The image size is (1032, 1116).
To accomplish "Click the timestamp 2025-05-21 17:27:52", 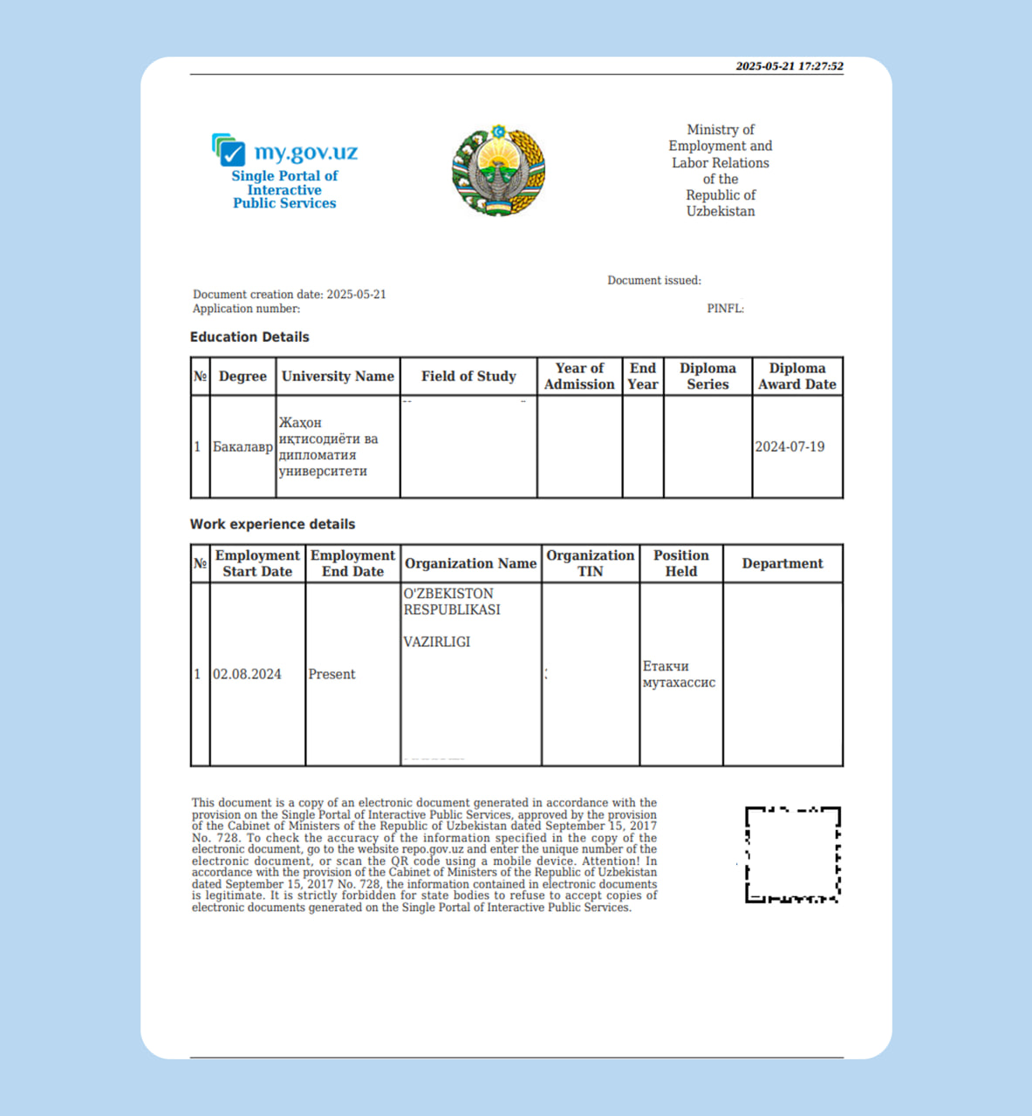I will [789, 66].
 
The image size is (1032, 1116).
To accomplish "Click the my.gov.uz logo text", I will [305, 153].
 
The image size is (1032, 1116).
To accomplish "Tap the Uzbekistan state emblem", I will [498, 171].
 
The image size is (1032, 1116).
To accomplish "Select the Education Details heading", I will [249, 337].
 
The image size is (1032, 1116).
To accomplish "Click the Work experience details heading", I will [272, 524].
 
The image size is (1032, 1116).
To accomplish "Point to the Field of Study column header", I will [468, 377].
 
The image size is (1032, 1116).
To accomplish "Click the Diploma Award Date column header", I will [796, 377].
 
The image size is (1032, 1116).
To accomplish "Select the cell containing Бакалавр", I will [243, 446].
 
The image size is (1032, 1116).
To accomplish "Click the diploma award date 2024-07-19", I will [789, 446].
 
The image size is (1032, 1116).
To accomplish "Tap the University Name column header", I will [338, 377].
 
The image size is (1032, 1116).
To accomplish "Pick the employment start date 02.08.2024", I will [247, 674].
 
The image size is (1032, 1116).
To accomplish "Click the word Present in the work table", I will [331, 674].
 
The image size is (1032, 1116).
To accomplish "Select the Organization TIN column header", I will [590, 563].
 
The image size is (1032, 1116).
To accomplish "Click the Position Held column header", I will [680, 563].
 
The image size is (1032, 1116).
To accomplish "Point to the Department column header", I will [783, 563].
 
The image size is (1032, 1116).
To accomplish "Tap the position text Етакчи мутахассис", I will [679, 674].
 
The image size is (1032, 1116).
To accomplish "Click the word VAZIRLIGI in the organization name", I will [436, 642].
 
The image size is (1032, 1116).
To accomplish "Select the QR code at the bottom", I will [792, 854].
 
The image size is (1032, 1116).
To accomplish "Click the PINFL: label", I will [725, 309].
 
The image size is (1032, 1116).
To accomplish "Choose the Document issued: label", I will [654, 281].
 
